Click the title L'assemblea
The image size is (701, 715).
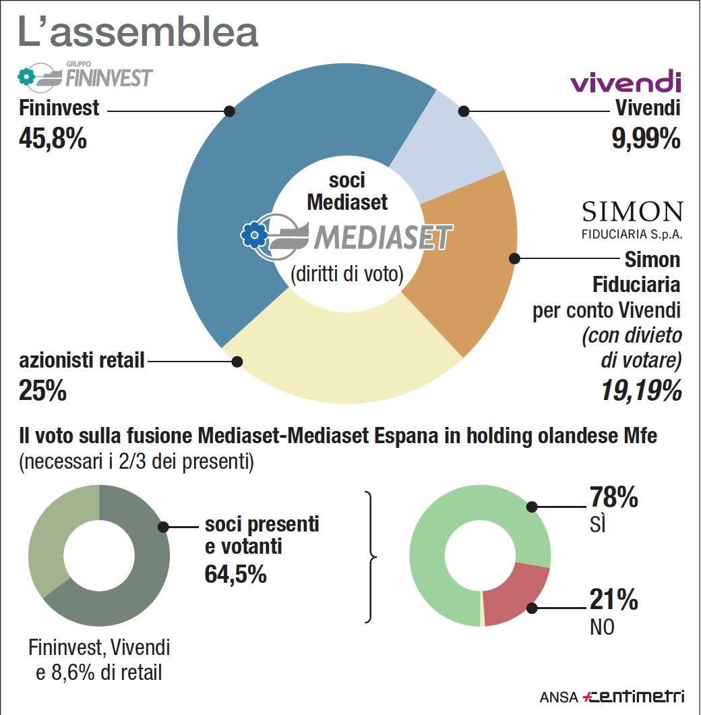138,32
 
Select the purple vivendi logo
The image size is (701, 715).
626,82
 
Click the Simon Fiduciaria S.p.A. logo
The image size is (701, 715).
632,220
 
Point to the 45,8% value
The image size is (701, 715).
53,139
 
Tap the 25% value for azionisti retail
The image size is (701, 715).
43,391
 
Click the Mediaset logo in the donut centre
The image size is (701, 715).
348,235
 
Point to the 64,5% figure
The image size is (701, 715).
235,574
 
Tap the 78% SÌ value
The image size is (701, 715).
614,499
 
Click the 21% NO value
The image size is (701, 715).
613,600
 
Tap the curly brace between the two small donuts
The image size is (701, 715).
370,557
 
